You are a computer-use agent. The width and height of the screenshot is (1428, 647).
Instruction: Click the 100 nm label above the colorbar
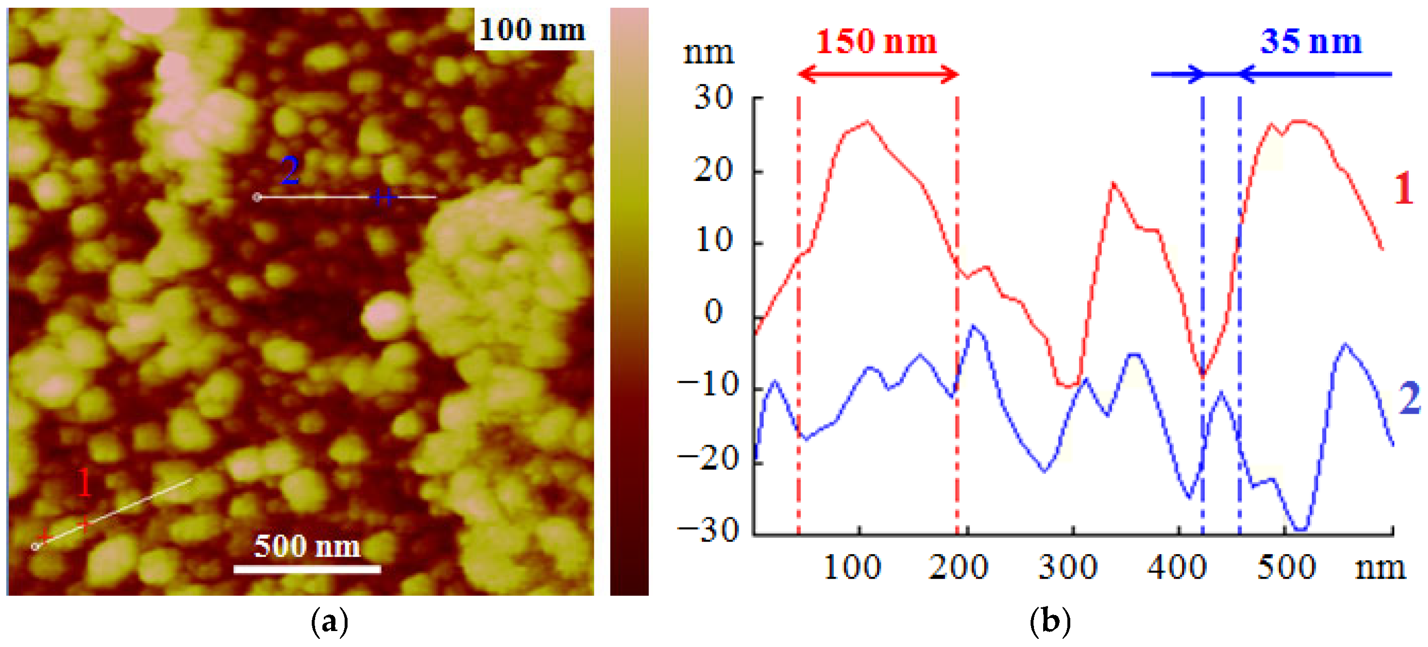(x=532, y=30)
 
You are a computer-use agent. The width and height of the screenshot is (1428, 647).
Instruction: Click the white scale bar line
(x=306, y=569)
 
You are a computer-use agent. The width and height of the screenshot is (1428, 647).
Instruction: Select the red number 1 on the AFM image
(x=84, y=482)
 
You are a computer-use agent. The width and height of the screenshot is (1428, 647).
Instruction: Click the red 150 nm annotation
(x=876, y=42)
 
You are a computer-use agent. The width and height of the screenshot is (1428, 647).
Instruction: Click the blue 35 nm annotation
(x=1311, y=42)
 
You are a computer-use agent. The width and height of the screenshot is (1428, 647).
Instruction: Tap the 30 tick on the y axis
(x=714, y=98)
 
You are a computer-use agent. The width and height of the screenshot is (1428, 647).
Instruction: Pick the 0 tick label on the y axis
(x=714, y=312)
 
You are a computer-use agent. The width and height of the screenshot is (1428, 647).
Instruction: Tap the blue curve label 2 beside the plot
(x=1410, y=398)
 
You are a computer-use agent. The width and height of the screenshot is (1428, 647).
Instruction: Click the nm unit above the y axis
(x=709, y=54)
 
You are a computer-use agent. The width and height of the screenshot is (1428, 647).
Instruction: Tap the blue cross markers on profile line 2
(x=383, y=197)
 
